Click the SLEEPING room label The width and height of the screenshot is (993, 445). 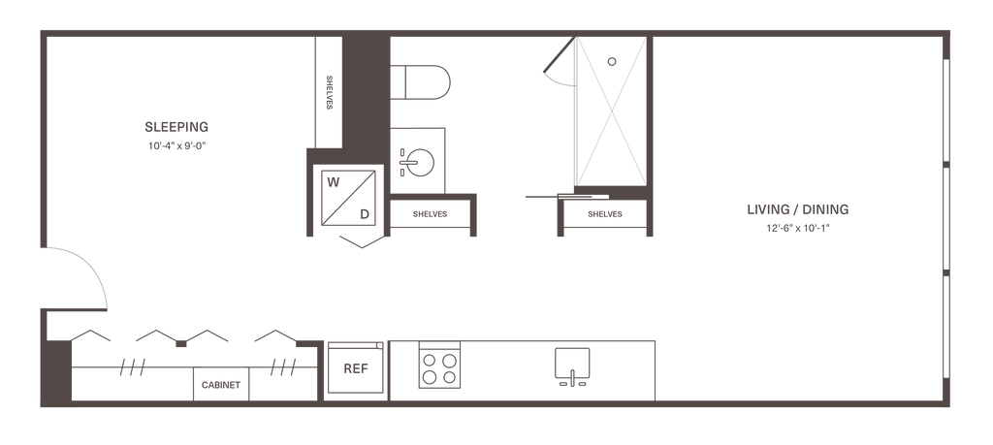[176, 126]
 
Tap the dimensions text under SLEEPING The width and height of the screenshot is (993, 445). [176, 145]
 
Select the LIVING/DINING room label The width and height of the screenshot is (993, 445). [798, 209]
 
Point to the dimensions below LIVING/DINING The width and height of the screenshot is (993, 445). [798, 230]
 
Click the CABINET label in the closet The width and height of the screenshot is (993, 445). [221, 385]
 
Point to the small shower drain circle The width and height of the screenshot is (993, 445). [611, 60]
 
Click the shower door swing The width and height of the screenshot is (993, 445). [558, 65]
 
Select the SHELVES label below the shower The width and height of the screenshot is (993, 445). [603, 214]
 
